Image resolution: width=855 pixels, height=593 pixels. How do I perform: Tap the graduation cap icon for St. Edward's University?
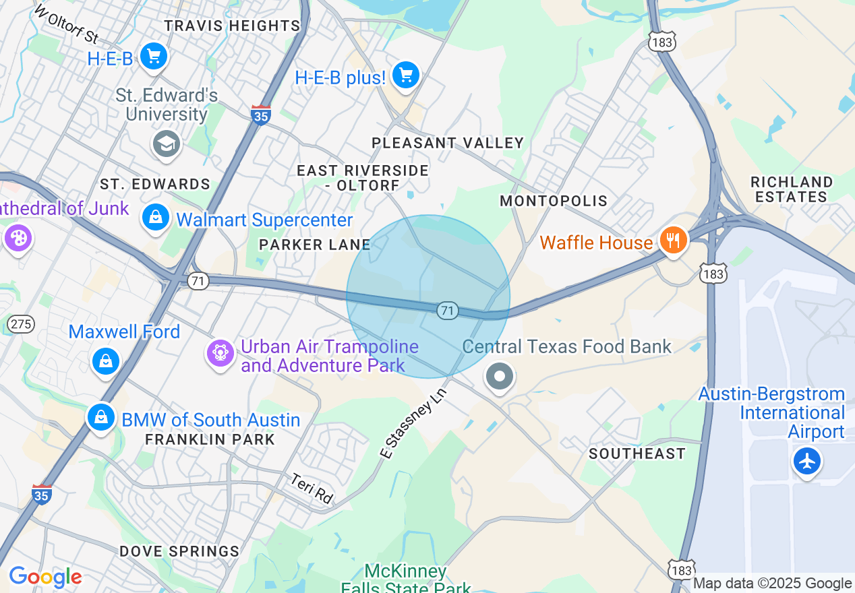(166, 144)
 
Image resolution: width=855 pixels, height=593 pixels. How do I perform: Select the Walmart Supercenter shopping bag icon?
(156, 218)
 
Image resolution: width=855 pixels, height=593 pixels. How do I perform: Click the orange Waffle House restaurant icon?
(672, 240)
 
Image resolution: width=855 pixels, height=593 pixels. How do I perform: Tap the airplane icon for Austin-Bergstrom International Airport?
(806, 462)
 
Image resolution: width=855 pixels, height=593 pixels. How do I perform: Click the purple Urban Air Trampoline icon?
(220, 352)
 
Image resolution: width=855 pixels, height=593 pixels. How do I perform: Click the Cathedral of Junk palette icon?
(17, 238)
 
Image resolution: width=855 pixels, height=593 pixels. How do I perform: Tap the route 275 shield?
(22, 324)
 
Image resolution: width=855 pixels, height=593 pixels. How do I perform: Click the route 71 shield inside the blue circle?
(447, 311)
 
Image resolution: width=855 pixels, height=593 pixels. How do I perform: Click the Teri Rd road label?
(312, 488)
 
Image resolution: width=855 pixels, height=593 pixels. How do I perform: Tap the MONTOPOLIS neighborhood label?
(554, 201)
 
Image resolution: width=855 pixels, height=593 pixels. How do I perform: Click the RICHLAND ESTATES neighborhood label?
(792, 189)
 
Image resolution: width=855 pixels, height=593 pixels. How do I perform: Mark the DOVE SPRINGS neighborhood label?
(179, 551)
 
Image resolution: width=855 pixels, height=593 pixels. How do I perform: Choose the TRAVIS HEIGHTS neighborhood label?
(232, 26)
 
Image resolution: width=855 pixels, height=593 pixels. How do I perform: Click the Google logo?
(45, 577)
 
